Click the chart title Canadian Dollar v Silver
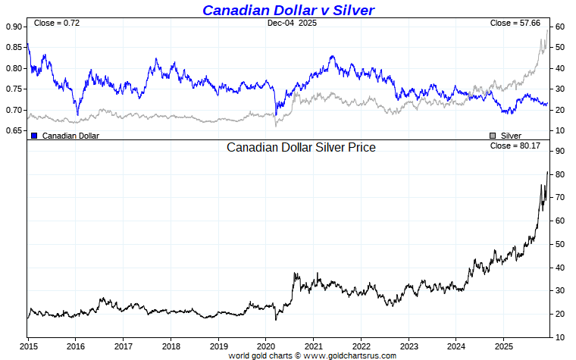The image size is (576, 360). click(x=288, y=10)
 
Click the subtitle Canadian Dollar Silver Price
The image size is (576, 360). click(x=301, y=147)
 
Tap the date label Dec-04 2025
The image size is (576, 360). click(x=292, y=23)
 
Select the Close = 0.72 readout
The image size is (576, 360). click(x=57, y=23)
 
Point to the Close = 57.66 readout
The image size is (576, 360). click(x=515, y=23)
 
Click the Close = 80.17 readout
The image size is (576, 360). click(x=515, y=145)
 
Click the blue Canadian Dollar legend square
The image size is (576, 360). click(x=34, y=136)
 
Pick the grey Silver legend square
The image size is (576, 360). click(x=493, y=136)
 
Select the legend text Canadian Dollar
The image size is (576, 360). click(x=70, y=136)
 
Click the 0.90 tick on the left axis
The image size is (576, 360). click(x=14, y=27)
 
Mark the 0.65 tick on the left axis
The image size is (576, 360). click(x=14, y=131)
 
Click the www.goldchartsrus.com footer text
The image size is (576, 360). click(x=349, y=355)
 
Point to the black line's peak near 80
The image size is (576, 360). click(x=547, y=173)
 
